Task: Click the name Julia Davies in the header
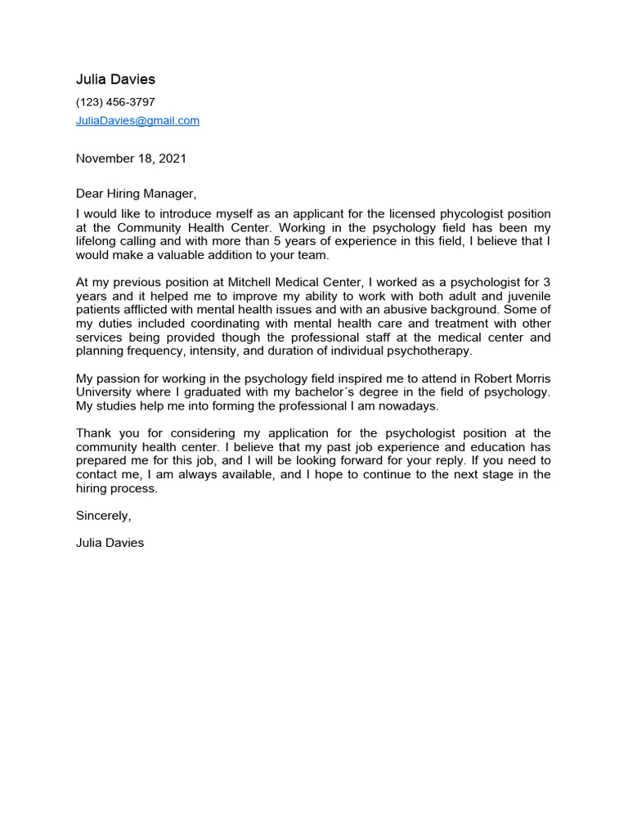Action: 115,79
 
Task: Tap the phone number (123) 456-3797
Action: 115,102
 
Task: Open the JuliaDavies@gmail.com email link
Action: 137,120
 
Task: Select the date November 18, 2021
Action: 131,159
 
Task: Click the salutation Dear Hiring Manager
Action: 137,194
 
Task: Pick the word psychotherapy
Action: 432,351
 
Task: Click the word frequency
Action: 154,351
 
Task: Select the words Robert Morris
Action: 513,378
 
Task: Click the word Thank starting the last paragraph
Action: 93,433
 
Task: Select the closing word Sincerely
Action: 103,516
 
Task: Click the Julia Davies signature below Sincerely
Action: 110,542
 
